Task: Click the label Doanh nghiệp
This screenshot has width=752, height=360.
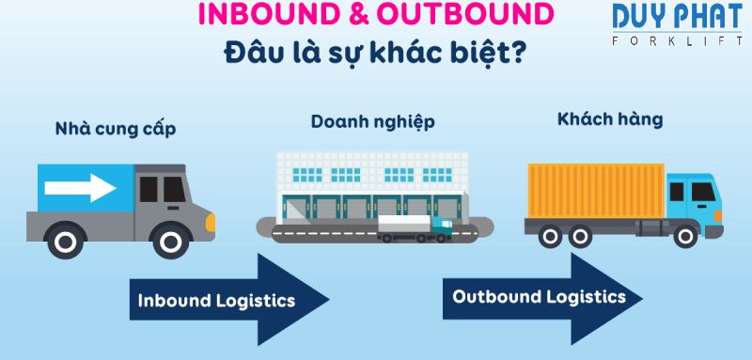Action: [373, 122]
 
